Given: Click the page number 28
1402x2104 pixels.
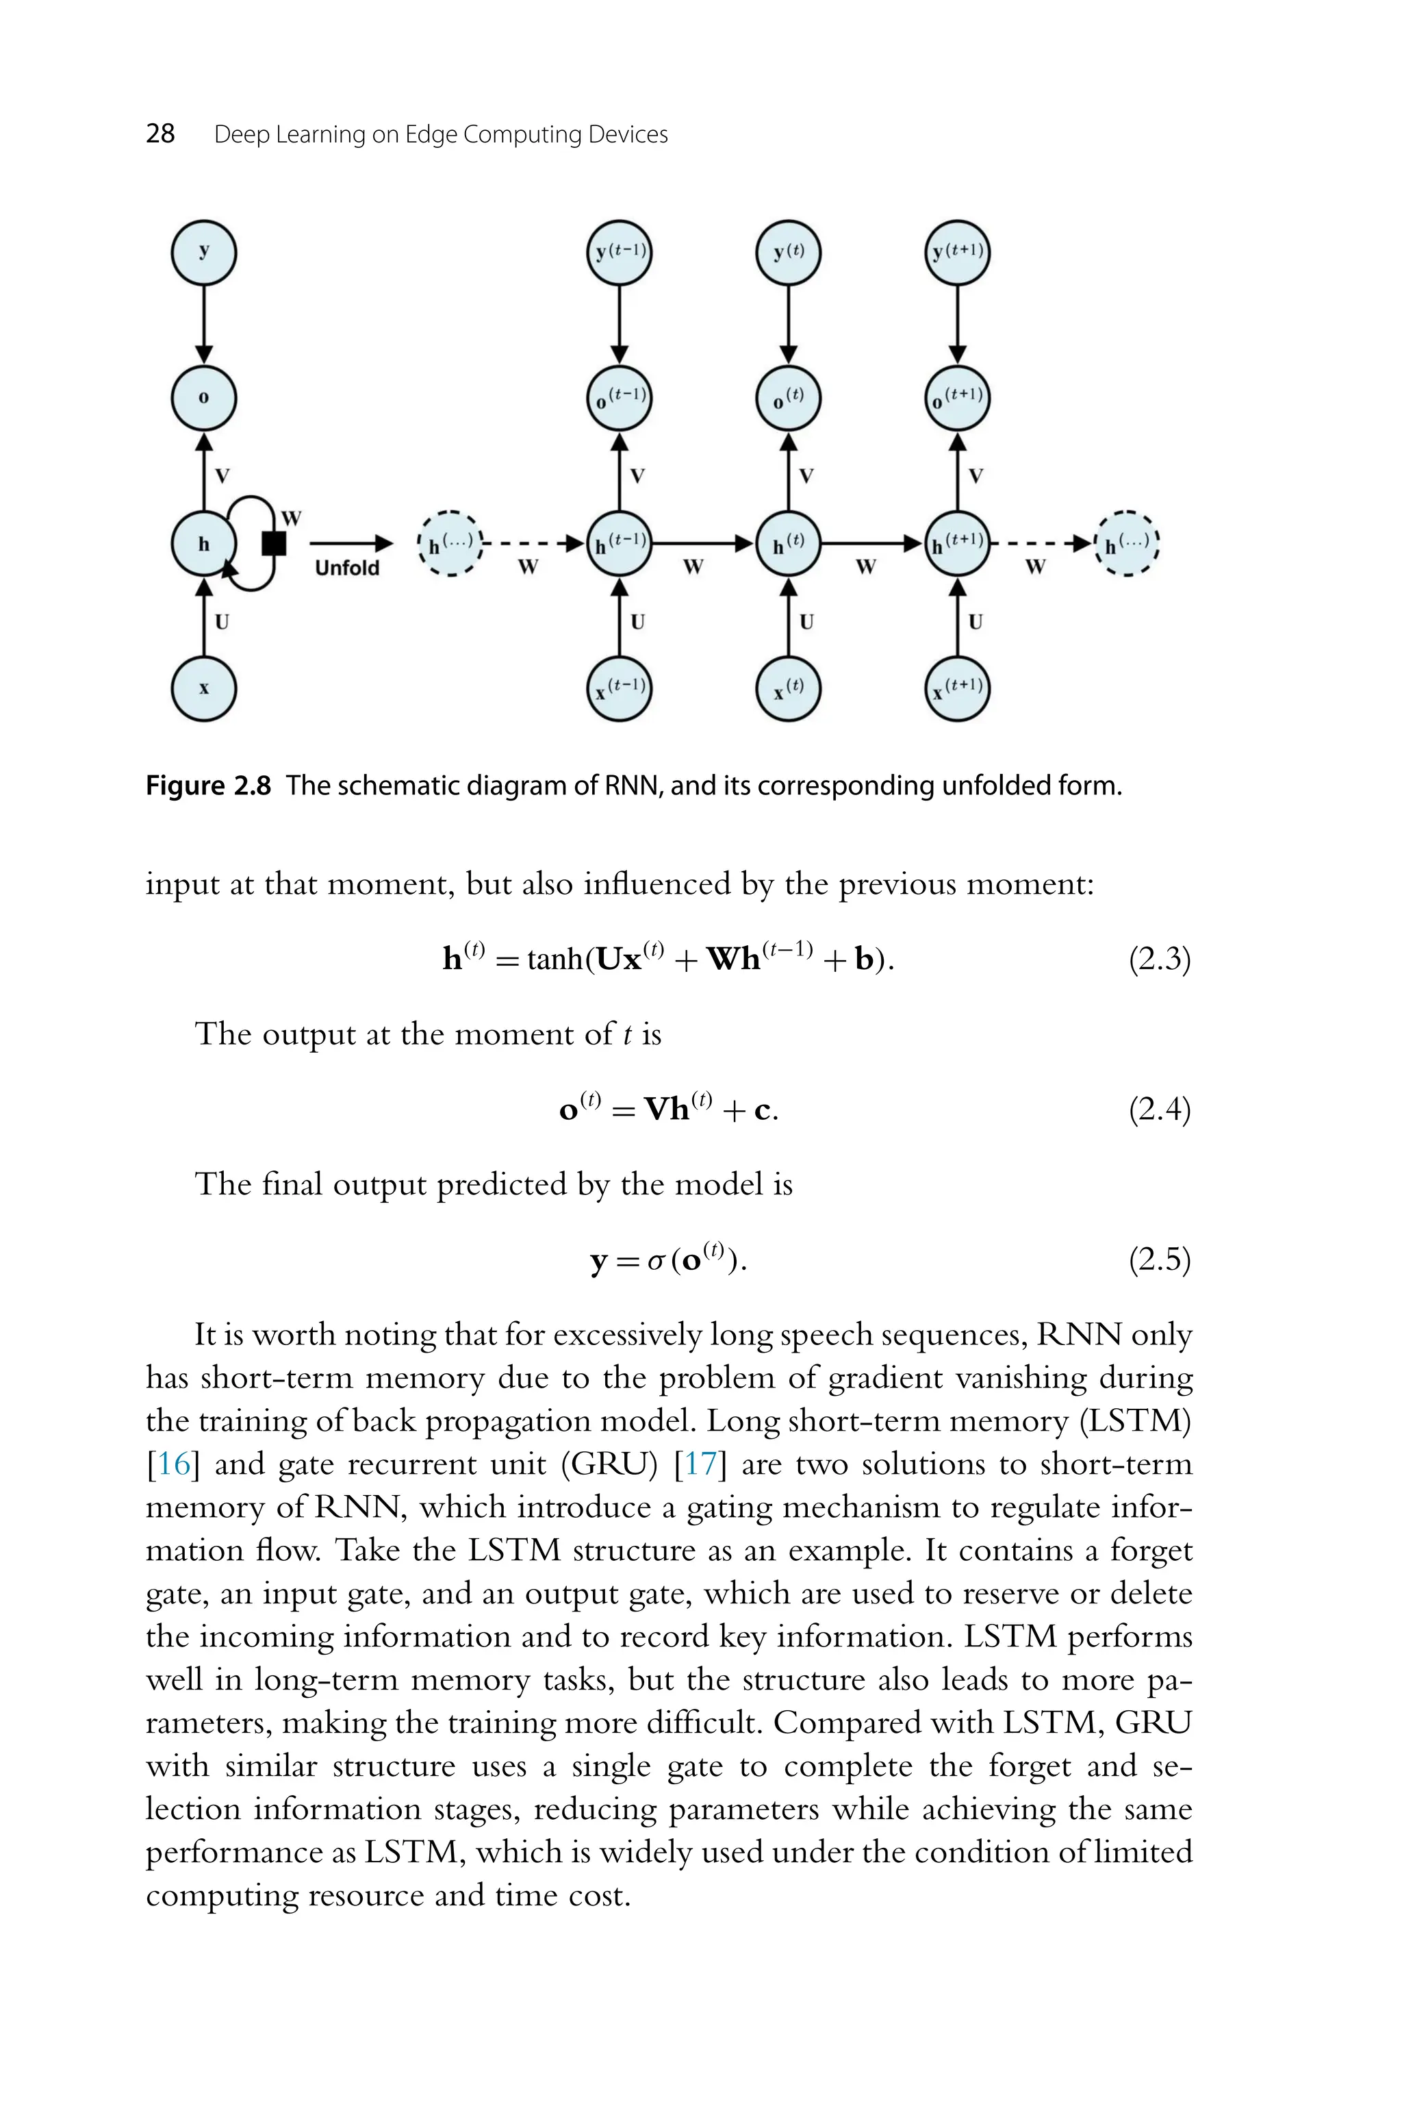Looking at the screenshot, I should tap(160, 134).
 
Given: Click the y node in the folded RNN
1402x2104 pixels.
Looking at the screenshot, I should tap(204, 252).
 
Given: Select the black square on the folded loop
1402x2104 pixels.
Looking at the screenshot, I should tap(274, 543).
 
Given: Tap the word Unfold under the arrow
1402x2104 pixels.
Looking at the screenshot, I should tap(347, 568).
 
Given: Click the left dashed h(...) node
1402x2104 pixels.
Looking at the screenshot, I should tap(450, 543).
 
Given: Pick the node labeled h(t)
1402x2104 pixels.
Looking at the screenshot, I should tap(788, 543).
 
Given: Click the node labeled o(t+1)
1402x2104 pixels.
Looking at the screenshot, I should tap(957, 398).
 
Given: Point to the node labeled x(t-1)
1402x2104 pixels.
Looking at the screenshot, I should tap(619, 688).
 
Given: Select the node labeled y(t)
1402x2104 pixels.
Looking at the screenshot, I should tap(788, 252).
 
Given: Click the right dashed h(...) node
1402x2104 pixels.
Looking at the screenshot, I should tap(1127, 543).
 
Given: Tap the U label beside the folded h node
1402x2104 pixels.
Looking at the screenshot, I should tap(222, 621).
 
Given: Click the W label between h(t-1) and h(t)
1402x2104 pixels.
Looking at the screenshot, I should tap(693, 567).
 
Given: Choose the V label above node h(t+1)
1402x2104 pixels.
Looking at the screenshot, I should tap(976, 476).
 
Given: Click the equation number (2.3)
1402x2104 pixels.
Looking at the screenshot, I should tap(1159, 960).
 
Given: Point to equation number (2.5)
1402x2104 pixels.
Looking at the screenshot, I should tap(1159, 1260).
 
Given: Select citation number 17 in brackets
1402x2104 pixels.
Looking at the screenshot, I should tap(700, 1464).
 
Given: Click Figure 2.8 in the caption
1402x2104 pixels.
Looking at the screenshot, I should tap(207, 786).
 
